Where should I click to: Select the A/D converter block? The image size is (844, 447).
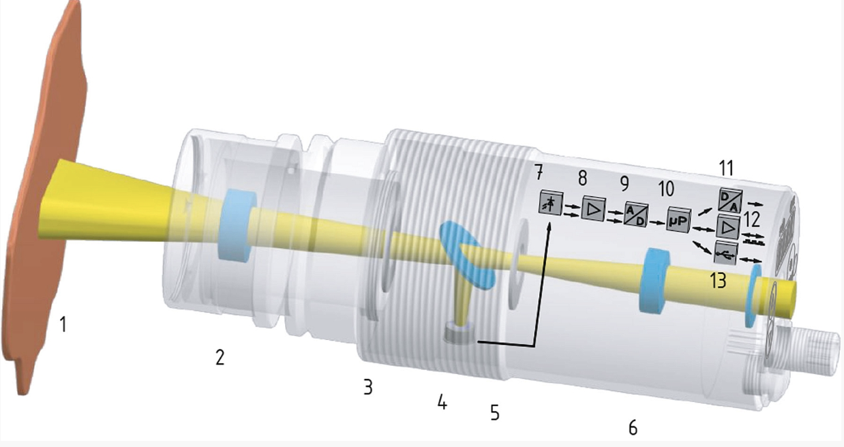point(636,214)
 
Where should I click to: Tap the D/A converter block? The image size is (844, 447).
point(731,200)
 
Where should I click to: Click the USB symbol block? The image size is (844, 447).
point(725,253)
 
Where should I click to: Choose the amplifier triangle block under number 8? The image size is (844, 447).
point(594,208)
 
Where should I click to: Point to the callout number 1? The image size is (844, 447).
point(63,324)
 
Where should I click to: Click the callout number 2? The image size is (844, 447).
point(220,357)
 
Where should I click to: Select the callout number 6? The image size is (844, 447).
point(633,428)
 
